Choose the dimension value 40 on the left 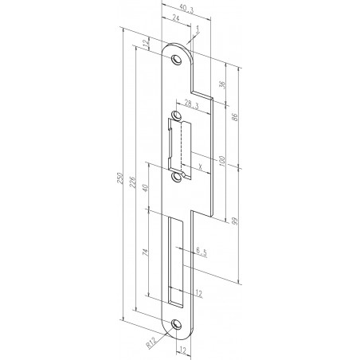tap(146, 189)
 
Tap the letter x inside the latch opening tap(199, 165)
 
